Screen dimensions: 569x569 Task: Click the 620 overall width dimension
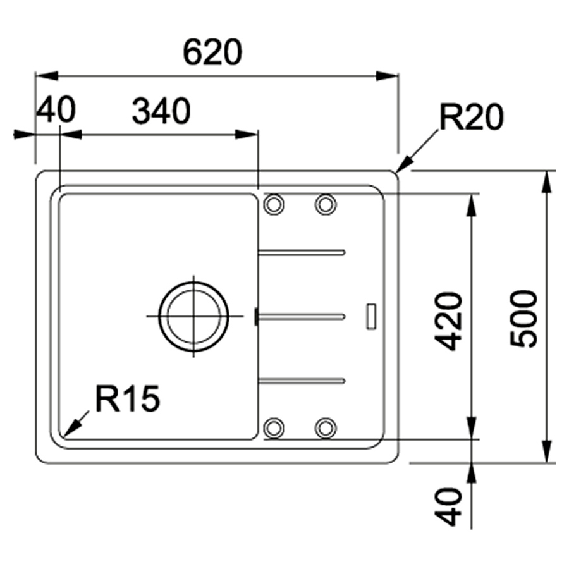212,53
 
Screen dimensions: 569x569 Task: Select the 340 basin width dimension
161,113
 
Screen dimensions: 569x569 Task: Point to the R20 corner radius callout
471,118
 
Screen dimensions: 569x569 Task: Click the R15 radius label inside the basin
128,399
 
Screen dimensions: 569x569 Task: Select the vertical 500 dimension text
524,319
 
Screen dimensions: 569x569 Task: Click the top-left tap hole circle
273,204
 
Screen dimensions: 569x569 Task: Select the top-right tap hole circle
325,204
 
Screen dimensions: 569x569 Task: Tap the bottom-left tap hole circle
273,427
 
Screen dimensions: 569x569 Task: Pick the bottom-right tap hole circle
325,427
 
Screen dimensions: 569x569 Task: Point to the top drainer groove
302,252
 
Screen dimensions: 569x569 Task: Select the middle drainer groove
302,315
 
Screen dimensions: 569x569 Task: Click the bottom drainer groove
302,380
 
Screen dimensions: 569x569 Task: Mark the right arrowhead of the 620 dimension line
388,76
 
